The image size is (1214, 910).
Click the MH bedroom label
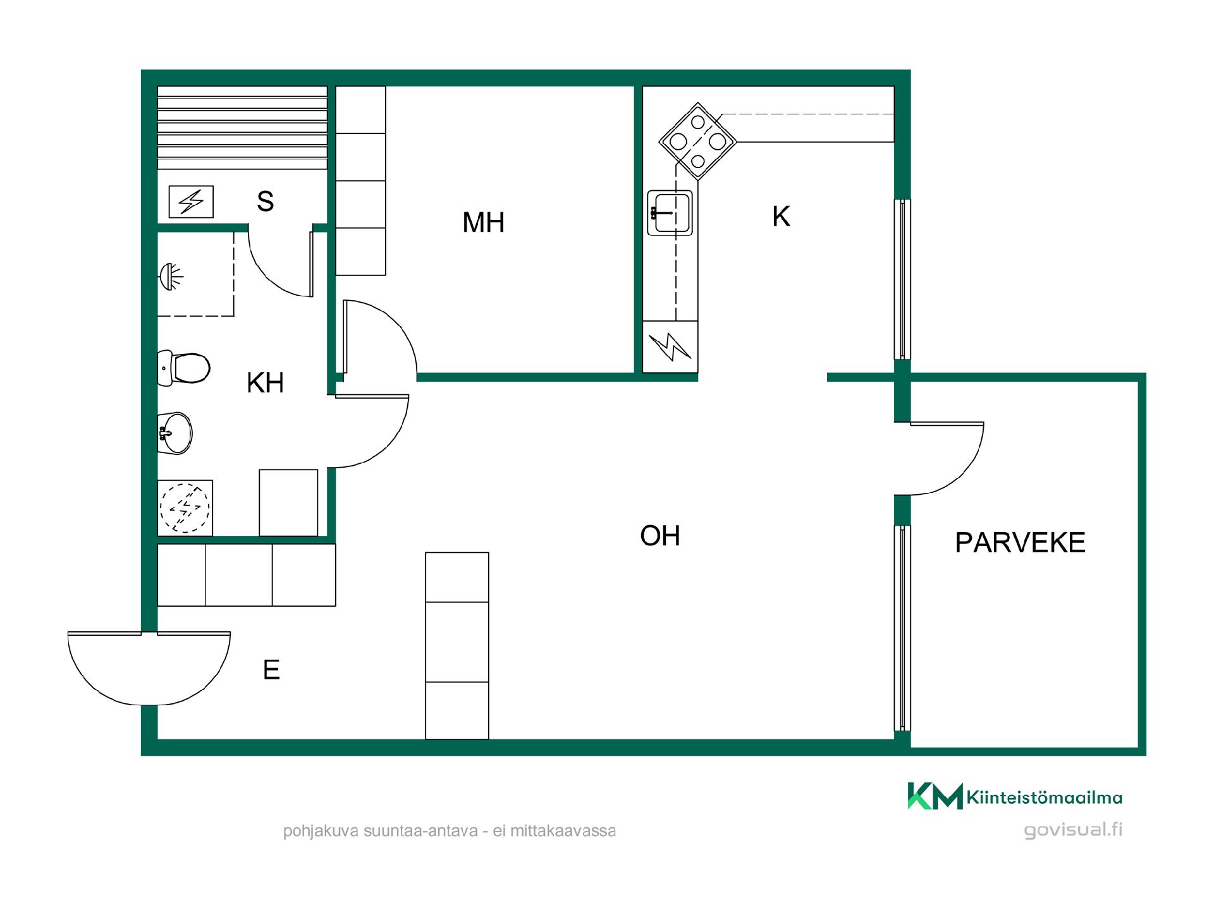[484, 222]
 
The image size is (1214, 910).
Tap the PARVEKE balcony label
[1020, 543]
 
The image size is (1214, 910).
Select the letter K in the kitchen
[781, 217]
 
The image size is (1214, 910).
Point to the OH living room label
[660, 536]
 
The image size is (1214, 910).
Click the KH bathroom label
[265, 383]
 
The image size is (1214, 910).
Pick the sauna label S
[266, 202]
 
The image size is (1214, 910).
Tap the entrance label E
[271, 670]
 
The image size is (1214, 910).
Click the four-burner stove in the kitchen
[697, 142]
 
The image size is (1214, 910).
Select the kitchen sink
[670, 212]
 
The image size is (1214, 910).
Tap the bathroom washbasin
[175, 433]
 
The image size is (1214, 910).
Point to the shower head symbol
[170, 277]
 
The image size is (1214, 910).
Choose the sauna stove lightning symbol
[191, 202]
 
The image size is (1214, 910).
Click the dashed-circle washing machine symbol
[185, 508]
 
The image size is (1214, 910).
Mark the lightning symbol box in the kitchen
[670, 346]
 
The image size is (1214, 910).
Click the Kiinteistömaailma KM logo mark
[935, 796]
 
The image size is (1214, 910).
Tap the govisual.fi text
[1073, 830]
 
